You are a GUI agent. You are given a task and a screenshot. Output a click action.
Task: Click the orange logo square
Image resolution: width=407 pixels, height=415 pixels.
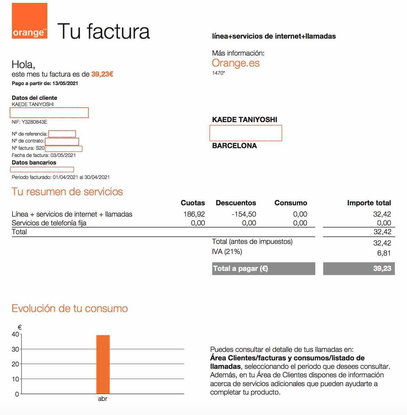(29, 21)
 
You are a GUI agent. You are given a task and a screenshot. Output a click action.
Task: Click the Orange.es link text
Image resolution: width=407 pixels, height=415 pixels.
(236, 63)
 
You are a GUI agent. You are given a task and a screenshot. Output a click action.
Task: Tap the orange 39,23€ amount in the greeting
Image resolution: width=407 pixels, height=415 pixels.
(102, 74)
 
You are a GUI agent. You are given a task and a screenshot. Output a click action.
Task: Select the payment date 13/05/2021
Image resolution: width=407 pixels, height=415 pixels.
(65, 83)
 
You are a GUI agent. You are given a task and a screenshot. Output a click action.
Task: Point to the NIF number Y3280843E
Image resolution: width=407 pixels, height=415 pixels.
(35, 122)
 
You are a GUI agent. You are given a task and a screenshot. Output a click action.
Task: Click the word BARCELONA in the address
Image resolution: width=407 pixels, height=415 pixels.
(234, 146)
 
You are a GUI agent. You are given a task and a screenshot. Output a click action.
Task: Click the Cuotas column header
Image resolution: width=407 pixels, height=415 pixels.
(193, 203)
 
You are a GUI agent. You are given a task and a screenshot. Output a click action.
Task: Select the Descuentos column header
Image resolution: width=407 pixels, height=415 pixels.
(236, 203)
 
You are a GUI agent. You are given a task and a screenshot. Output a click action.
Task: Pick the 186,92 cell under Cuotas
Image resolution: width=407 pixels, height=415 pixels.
(194, 214)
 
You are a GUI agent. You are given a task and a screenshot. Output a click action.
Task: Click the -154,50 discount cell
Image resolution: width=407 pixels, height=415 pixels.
(244, 214)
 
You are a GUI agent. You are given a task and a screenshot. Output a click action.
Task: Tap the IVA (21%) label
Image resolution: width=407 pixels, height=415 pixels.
(227, 252)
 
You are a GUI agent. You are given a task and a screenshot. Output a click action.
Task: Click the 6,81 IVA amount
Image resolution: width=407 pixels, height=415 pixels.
(384, 253)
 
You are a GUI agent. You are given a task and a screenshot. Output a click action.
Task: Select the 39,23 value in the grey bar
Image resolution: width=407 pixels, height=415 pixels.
(382, 268)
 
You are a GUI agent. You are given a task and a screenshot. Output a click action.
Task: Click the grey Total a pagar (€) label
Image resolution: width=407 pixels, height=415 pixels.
(240, 268)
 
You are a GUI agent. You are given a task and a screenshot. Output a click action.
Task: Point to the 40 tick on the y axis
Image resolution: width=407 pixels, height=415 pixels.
(16, 334)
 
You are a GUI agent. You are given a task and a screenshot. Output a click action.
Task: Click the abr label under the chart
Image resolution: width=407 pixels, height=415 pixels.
(103, 399)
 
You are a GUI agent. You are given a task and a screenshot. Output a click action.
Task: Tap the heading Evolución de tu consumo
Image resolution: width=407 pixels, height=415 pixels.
(70, 308)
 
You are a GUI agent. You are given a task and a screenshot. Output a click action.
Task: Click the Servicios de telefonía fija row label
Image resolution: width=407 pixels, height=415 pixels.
(49, 223)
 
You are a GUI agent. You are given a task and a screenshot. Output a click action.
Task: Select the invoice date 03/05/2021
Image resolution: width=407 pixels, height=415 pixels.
(63, 155)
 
